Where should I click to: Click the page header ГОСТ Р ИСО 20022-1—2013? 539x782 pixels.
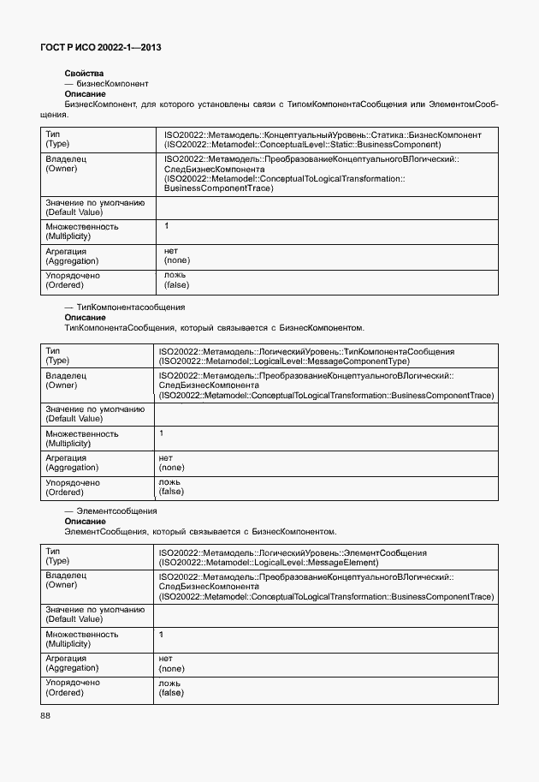[101, 48]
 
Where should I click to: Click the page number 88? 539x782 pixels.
[45, 715]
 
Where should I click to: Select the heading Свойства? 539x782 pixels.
[84, 74]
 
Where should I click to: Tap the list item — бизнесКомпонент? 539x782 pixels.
[107, 84]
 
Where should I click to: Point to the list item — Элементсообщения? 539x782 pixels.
[110, 510]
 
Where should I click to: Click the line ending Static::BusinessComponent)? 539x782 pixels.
[302, 145]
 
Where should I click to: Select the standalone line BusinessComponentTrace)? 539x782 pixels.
[218, 188]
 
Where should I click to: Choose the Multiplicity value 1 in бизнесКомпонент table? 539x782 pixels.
[167, 226]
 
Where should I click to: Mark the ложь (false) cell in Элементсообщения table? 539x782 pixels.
[171, 687]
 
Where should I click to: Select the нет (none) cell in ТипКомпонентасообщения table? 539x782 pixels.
[171, 463]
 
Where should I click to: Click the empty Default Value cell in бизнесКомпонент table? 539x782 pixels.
[325, 207]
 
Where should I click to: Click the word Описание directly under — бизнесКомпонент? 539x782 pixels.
[85, 94]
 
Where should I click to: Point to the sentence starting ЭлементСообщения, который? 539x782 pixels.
[200, 531]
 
